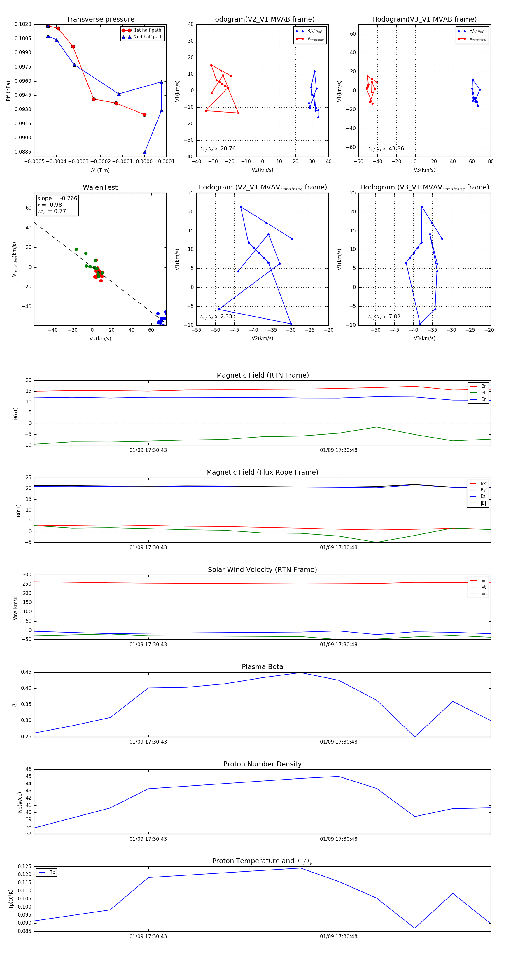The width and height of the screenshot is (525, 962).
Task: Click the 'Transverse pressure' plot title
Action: (x=100, y=20)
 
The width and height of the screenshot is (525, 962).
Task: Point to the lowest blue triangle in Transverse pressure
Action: (x=145, y=152)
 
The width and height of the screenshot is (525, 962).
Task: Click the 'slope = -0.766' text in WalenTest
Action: (x=57, y=198)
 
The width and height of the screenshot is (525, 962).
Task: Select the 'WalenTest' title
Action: (x=100, y=187)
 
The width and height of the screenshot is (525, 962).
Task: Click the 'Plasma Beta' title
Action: (x=262, y=667)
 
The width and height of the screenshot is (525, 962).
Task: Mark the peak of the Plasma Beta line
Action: (x=301, y=673)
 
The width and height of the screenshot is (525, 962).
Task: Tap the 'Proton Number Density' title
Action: (x=262, y=764)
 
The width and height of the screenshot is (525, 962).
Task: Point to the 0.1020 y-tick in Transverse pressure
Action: (x=23, y=24)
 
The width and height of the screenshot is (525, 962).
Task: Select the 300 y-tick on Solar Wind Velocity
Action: (x=27, y=575)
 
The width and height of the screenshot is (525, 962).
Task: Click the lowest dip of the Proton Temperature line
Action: (x=415, y=928)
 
